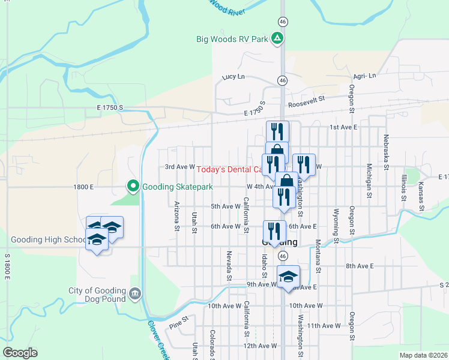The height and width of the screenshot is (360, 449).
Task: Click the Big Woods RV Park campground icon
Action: click(x=277, y=40)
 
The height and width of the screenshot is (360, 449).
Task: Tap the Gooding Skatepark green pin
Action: click(x=133, y=187)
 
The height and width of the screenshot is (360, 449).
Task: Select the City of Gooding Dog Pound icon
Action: click(x=134, y=293)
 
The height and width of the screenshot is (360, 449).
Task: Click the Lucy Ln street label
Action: click(x=234, y=77)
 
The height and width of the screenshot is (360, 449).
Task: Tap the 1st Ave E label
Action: click(x=343, y=127)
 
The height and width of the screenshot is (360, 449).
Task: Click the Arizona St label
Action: click(x=177, y=216)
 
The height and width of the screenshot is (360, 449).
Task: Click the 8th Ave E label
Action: click(x=359, y=265)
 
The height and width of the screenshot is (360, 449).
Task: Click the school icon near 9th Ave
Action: click(x=289, y=277)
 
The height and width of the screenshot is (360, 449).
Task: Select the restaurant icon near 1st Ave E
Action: click(x=277, y=131)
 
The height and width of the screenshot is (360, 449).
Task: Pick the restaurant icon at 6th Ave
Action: click(x=274, y=232)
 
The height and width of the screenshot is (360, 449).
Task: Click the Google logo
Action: click(x=20, y=353)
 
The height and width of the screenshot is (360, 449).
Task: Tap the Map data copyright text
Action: click(x=423, y=355)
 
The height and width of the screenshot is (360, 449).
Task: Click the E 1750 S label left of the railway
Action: click(x=109, y=107)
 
